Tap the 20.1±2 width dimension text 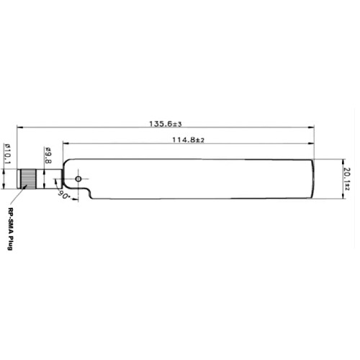tap(347, 177)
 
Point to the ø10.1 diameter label tap(8, 153)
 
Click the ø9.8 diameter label tap(48, 156)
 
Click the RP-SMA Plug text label tap(10, 229)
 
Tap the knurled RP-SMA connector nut tap(28, 178)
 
